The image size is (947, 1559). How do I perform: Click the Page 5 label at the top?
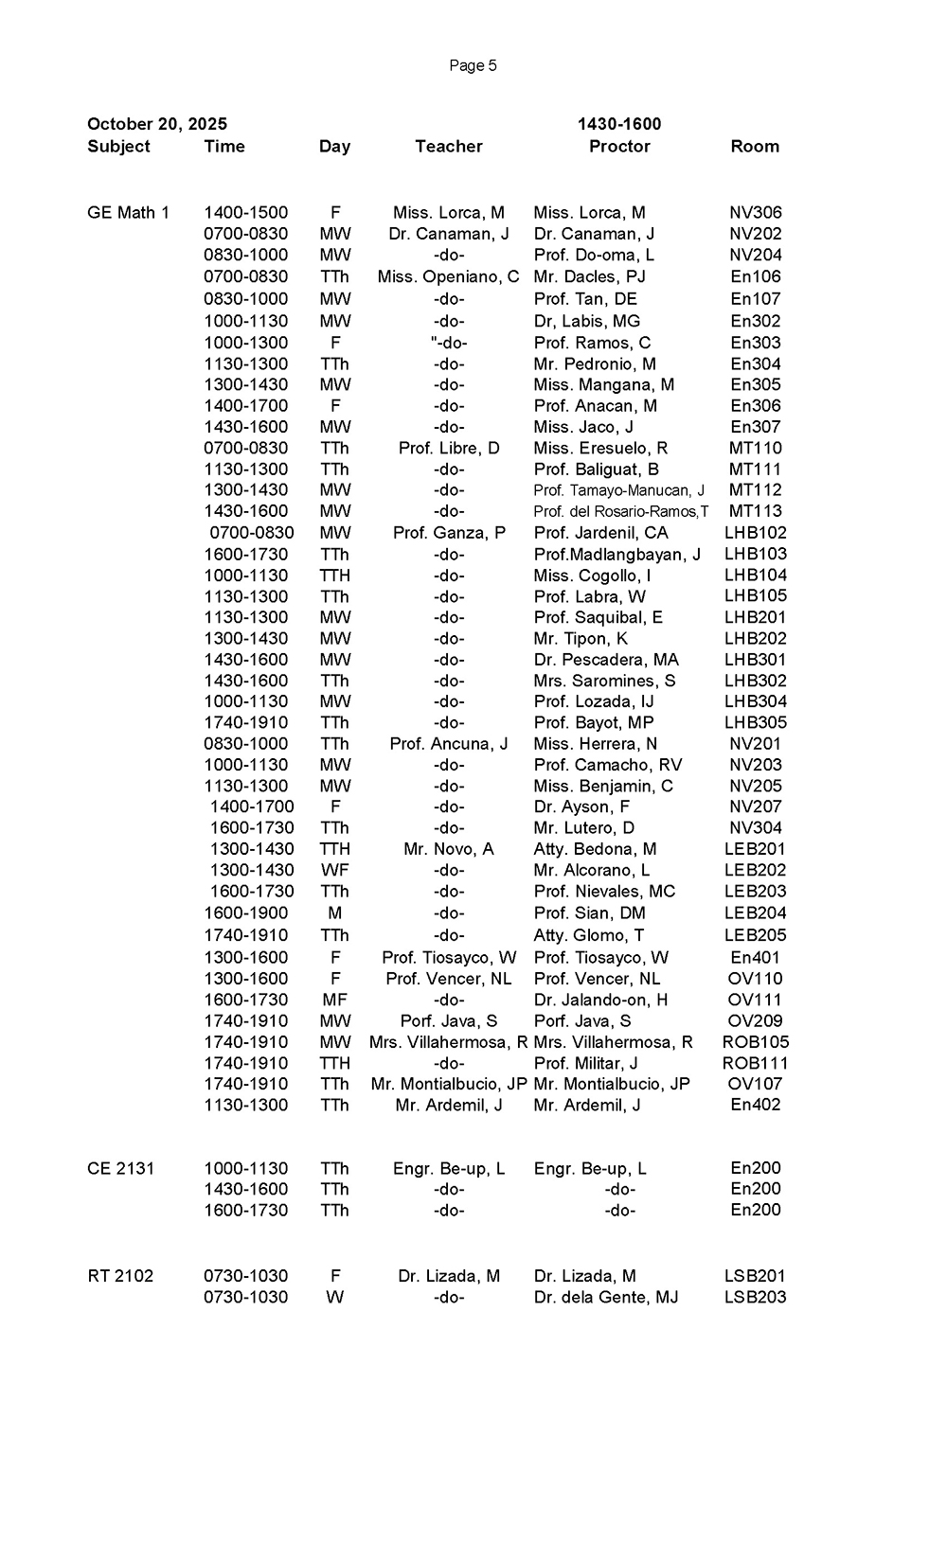click(x=473, y=65)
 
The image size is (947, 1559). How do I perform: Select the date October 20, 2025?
click(x=157, y=124)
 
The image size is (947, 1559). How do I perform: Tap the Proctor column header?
click(x=619, y=146)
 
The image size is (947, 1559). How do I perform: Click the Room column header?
click(x=755, y=146)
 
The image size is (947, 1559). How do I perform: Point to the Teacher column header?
click(x=449, y=146)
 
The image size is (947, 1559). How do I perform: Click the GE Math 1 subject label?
click(x=128, y=213)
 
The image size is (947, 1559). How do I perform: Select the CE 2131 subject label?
click(x=120, y=1168)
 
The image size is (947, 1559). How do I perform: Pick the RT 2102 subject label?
click(x=120, y=1276)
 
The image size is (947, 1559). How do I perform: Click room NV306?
click(x=755, y=213)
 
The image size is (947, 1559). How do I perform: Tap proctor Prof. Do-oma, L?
click(x=594, y=255)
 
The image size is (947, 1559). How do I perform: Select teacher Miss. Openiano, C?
click(x=448, y=276)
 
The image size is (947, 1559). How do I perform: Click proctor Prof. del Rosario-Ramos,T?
click(x=620, y=512)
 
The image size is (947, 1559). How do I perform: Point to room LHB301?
click(x=755, y=660)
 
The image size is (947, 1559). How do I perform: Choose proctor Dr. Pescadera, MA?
click(x=606, y=660)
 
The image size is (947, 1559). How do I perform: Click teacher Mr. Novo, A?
click(x=448, y=849)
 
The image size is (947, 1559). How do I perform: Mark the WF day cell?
click(x=334, y=870)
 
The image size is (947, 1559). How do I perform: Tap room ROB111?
click(x=755, y=1063)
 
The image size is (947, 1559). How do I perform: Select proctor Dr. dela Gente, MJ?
click(x=606, y=1297)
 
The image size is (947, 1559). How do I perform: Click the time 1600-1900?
click(x=246, y=913)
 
